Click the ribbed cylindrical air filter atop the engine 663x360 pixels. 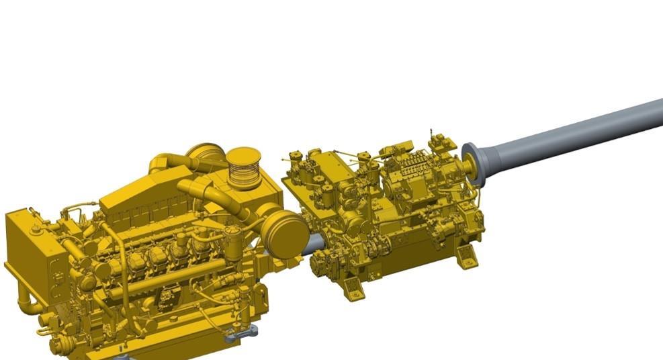click(242, 168)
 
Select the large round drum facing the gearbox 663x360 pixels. click(285, 232)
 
